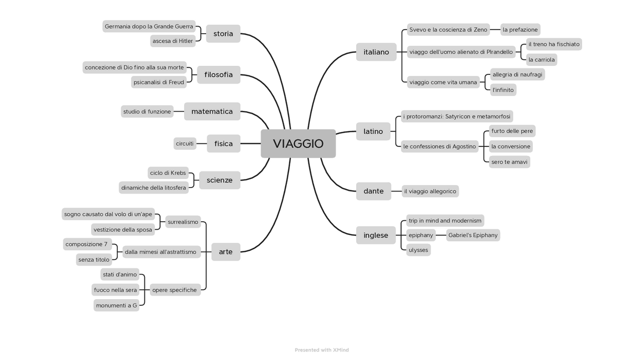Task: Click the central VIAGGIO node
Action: pos(298,144)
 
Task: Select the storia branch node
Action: pos(223,34)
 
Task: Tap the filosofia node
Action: pos(218,75)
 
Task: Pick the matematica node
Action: pos(212,112)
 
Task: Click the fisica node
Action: pos(223,144)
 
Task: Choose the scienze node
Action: pos(219,180)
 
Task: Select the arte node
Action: pos(225,252)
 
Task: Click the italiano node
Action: pos(376,52)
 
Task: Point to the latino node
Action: pos(373,132)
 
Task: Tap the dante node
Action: pos(373,191)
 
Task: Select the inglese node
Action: pos(375,235)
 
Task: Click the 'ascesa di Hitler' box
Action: pos(173,41)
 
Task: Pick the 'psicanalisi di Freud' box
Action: pos(158,82)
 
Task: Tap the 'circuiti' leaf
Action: pos(185,144)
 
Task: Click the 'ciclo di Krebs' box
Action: pos(168,173)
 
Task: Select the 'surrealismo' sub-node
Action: pos(183,222)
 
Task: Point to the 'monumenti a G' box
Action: pos(116,305)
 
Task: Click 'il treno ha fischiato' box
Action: pos(553,44)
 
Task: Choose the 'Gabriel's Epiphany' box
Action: pos(472,235)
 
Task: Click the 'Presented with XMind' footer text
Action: pos(321,350)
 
